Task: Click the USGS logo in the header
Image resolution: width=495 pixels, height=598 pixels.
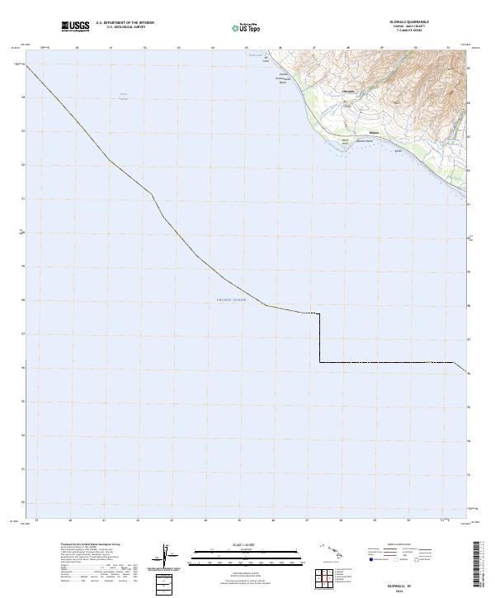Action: click(x=75, y=27)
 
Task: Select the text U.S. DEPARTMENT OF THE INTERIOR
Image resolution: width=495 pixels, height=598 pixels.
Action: click(x=125, y=23)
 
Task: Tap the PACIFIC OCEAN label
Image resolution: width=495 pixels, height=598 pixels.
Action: click(x=231, y=300)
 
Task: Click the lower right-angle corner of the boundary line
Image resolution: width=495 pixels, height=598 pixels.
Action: click(x=320, y=361)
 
